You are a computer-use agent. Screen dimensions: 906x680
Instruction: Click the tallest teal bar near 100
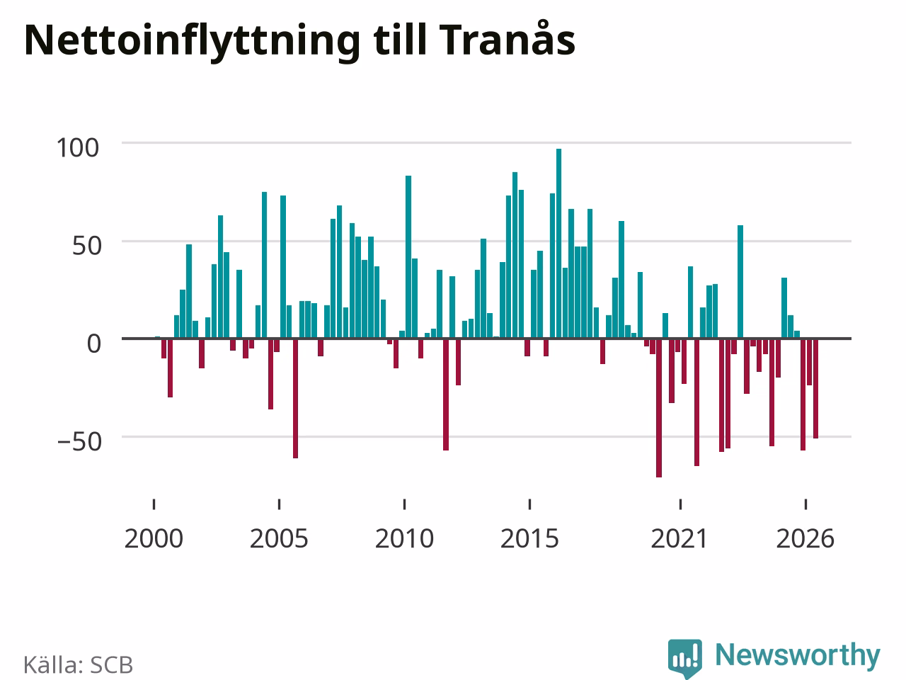558,244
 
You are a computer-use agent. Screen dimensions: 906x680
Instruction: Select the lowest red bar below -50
659,408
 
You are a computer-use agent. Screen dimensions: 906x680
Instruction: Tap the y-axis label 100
78,148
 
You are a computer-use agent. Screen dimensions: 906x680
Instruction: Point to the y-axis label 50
86,246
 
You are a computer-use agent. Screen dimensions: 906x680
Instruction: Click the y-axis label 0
94,344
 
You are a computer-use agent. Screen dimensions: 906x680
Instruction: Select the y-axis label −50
80,442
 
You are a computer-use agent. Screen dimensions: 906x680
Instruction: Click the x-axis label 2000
154,539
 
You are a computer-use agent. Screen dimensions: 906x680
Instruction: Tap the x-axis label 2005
279,539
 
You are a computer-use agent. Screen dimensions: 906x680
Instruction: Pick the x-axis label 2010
404,539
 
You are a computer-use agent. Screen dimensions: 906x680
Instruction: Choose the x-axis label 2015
529,539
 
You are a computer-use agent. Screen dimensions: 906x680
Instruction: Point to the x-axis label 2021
679,539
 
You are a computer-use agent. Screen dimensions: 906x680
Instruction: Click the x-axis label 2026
805,539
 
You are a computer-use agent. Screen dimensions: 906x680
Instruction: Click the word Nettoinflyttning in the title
193,42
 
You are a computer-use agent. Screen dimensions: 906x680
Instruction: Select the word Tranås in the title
503,38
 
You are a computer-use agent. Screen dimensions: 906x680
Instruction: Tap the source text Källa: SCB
78,664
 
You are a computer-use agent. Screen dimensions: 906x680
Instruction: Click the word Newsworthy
798,654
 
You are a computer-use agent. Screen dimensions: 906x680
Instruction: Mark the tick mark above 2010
404,504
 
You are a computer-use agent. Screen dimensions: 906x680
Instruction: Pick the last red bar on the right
815,388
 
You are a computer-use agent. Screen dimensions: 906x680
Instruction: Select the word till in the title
399,38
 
